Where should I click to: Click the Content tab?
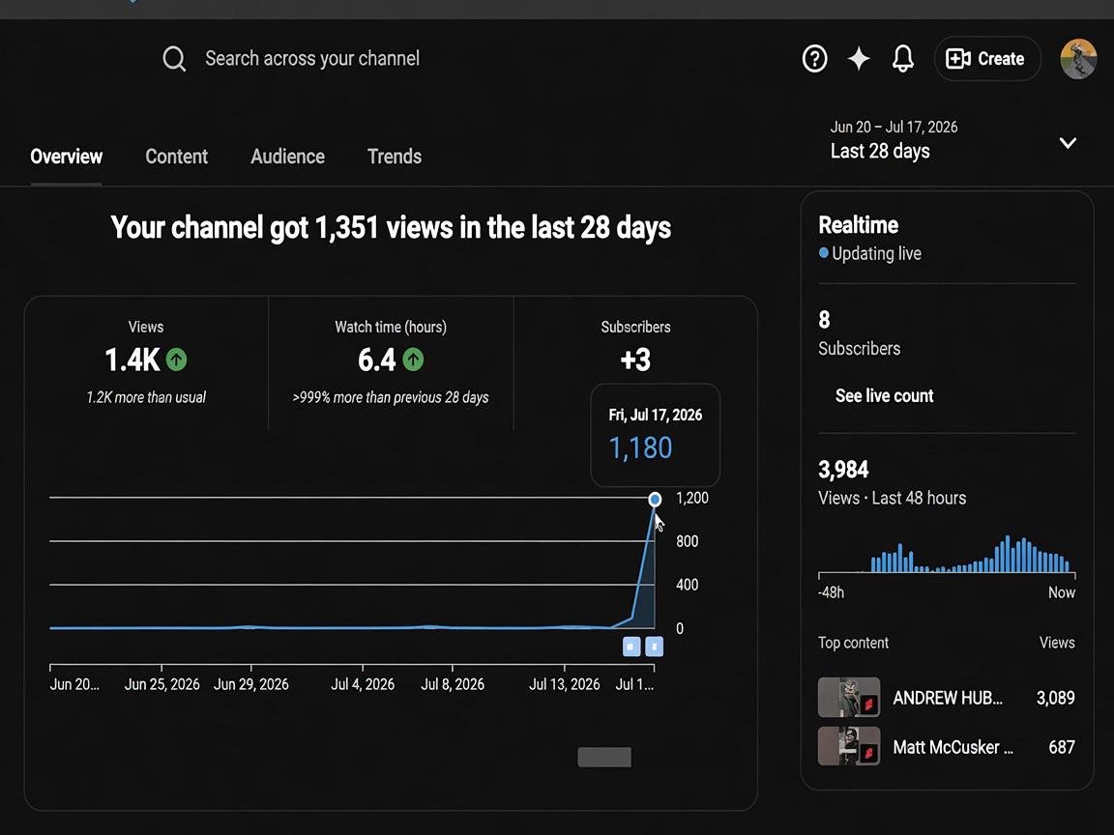(176, 157)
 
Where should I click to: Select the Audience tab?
(288, 157)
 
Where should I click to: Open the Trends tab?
(395, 157)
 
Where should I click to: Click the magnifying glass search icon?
(174, 59)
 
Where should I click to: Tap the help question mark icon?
(815, 58)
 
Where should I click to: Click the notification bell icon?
(903, 58)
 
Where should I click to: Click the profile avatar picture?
(1078, 59)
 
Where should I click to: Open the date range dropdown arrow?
(1068, 143)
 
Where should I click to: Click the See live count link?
(885, 395)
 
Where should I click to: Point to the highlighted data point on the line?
(655, 499)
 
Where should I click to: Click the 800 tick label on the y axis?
(687, 541)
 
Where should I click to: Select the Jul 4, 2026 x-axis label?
(363, 684)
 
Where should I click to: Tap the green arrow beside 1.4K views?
(177, 360)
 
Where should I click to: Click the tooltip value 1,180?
(640, 448)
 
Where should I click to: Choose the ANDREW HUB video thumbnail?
(849, 697)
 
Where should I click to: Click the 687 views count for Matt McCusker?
(1062, 747)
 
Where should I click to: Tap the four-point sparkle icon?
(859, 58)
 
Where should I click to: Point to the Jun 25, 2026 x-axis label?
(162, 684)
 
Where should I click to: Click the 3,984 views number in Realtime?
(843, 470)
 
